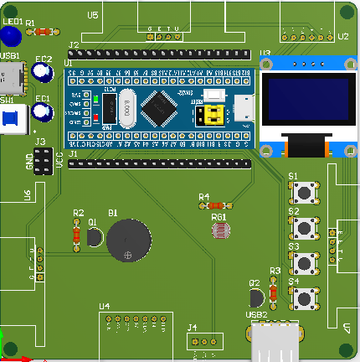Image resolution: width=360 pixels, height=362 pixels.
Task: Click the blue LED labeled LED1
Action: click(x=11, y=36)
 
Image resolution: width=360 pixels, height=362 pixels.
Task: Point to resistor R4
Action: click(x=216, y=204)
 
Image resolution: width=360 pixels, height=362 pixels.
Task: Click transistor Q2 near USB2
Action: click(x=257, y=297)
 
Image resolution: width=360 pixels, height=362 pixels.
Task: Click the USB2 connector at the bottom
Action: click(x=272, y=343)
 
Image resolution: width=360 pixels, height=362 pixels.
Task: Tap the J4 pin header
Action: click(x=205, y=340)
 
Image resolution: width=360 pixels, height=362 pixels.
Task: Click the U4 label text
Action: click(x=104, y=307)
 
